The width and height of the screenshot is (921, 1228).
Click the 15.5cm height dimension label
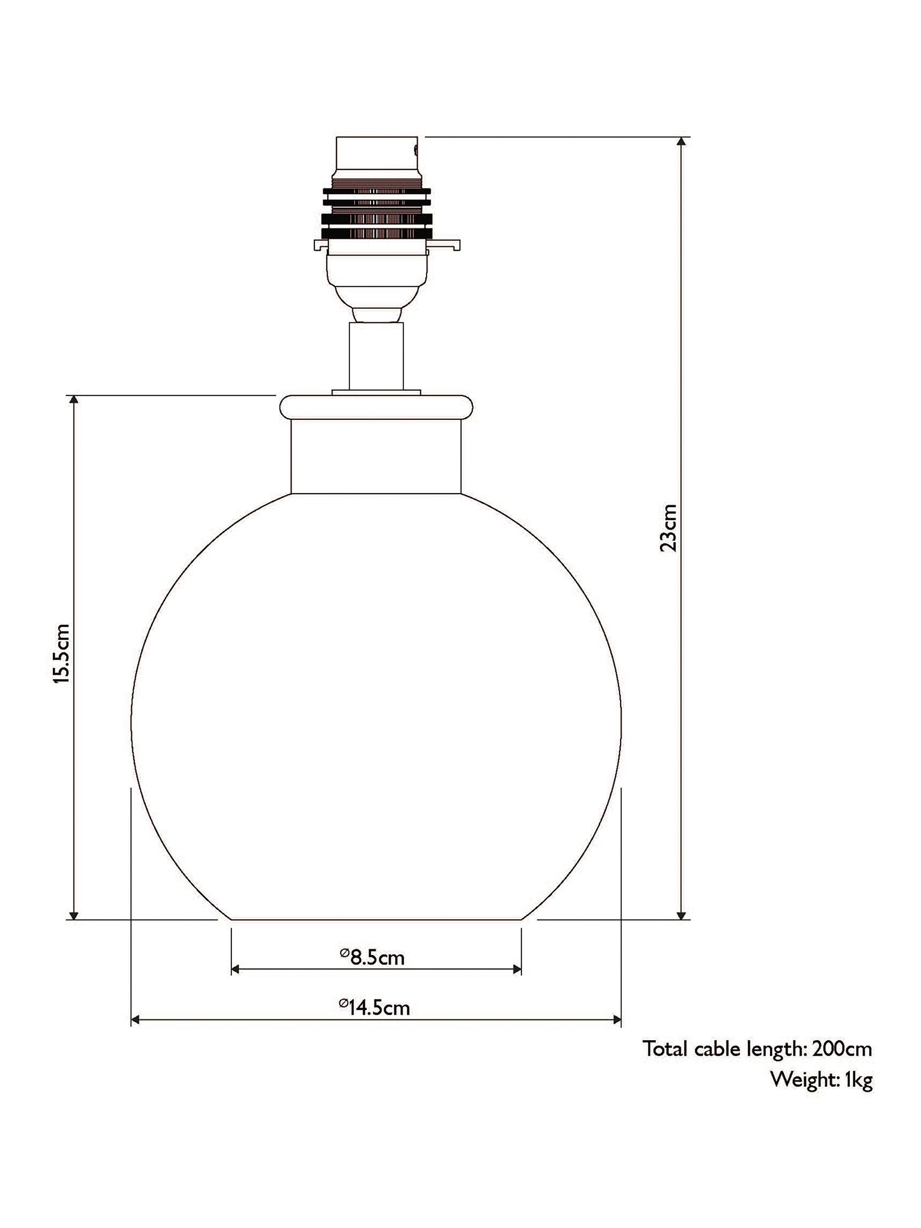pos(62,653)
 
